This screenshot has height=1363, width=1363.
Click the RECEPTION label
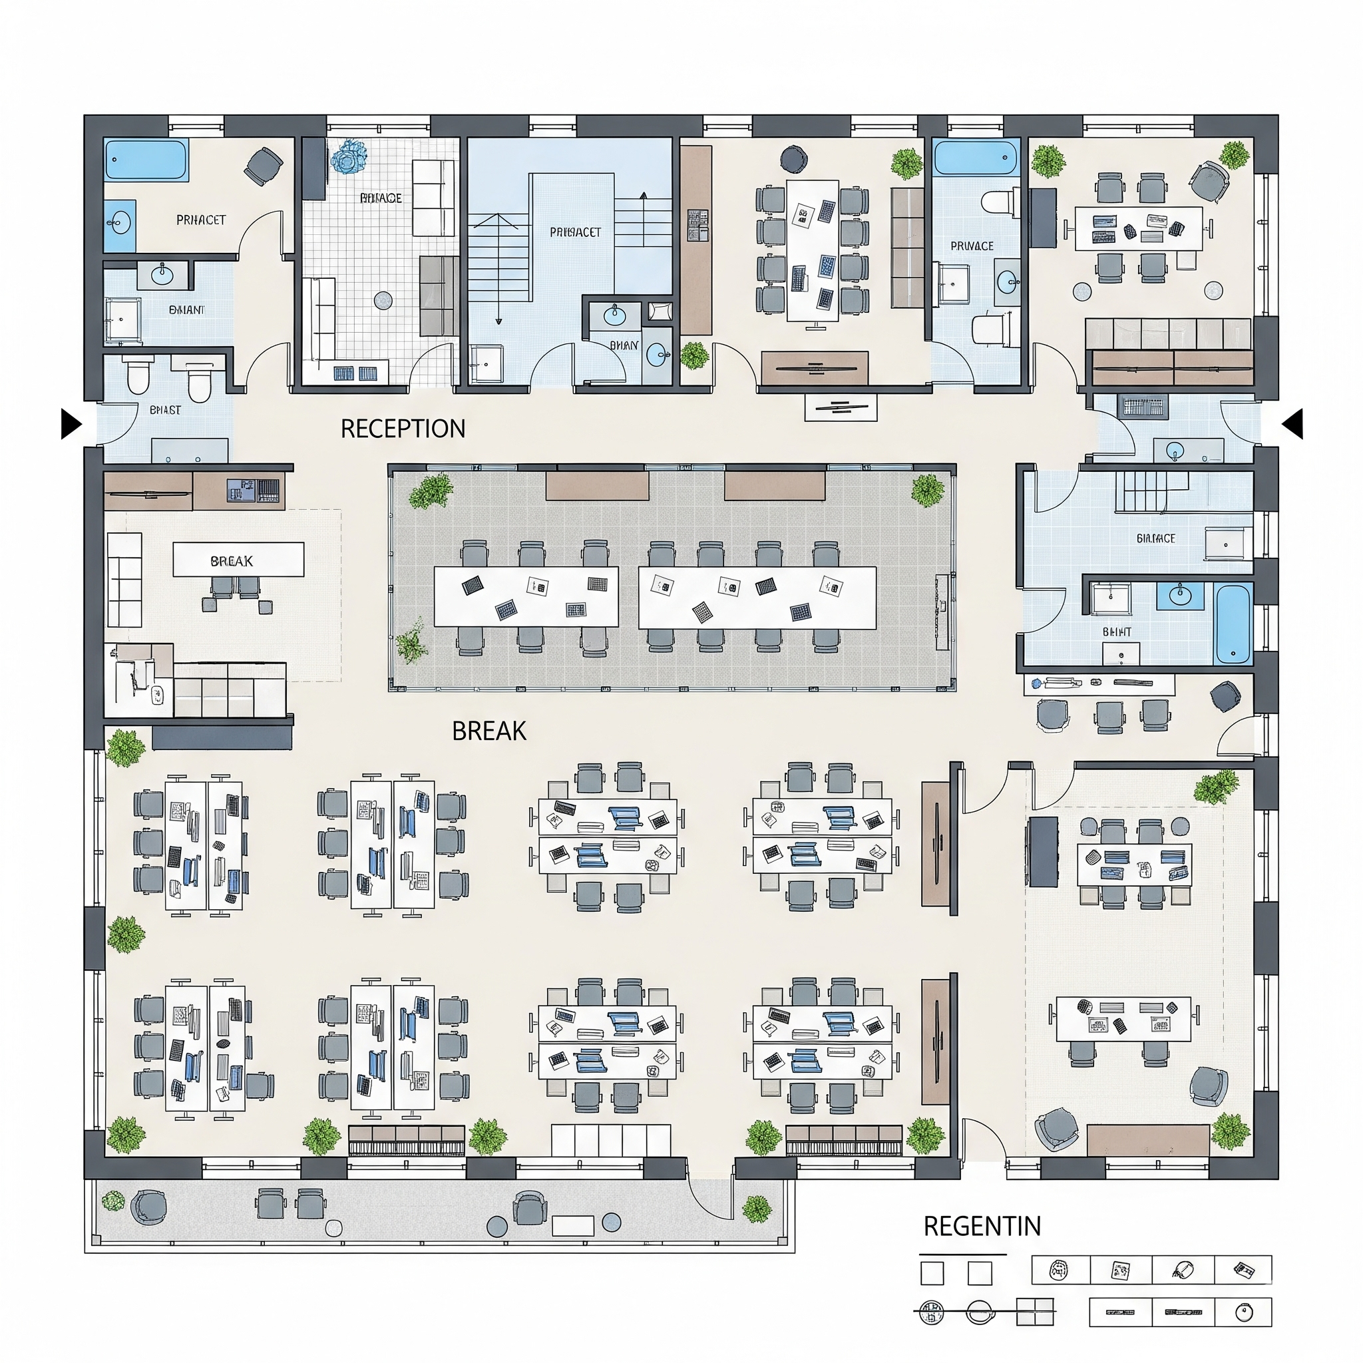pyautogui.click(x=403, y=428)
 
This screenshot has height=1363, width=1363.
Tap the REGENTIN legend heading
pyautogui.click(x=982, y=1226)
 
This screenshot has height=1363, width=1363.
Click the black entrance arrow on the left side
pyautogui.click(x=71, y=424)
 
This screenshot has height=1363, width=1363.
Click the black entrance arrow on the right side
pyautogui.click(x=1292, y=424)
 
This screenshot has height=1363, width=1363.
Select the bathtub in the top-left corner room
pyautogui.click(x=146, y=160)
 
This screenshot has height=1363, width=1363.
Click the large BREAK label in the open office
pyautogui.click(x=489, y=731)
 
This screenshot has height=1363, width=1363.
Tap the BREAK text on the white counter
pyautogui.click(x=232, y=561)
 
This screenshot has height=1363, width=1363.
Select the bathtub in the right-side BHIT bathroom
pyautogui.click(x=1233, y=624)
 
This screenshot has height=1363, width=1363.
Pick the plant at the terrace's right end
pyautogui.click(x=756, y=1209)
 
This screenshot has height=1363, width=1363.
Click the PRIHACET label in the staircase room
pyautogui.click(x=575, y=232)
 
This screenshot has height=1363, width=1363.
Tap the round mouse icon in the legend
pyautogui.click(x=1244, y=1313)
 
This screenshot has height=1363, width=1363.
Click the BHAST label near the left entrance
pyautogui.click(x=165, y=410)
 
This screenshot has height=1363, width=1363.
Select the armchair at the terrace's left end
pyautogui.click(x=150, y=1207)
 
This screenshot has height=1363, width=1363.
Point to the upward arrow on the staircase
pyautogui.click(x=643, y=197)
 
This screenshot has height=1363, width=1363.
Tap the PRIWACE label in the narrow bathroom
pyautogui.click(x=972, y=246)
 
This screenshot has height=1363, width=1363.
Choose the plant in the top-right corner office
pyautogui.click(x=1235, y=154)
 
